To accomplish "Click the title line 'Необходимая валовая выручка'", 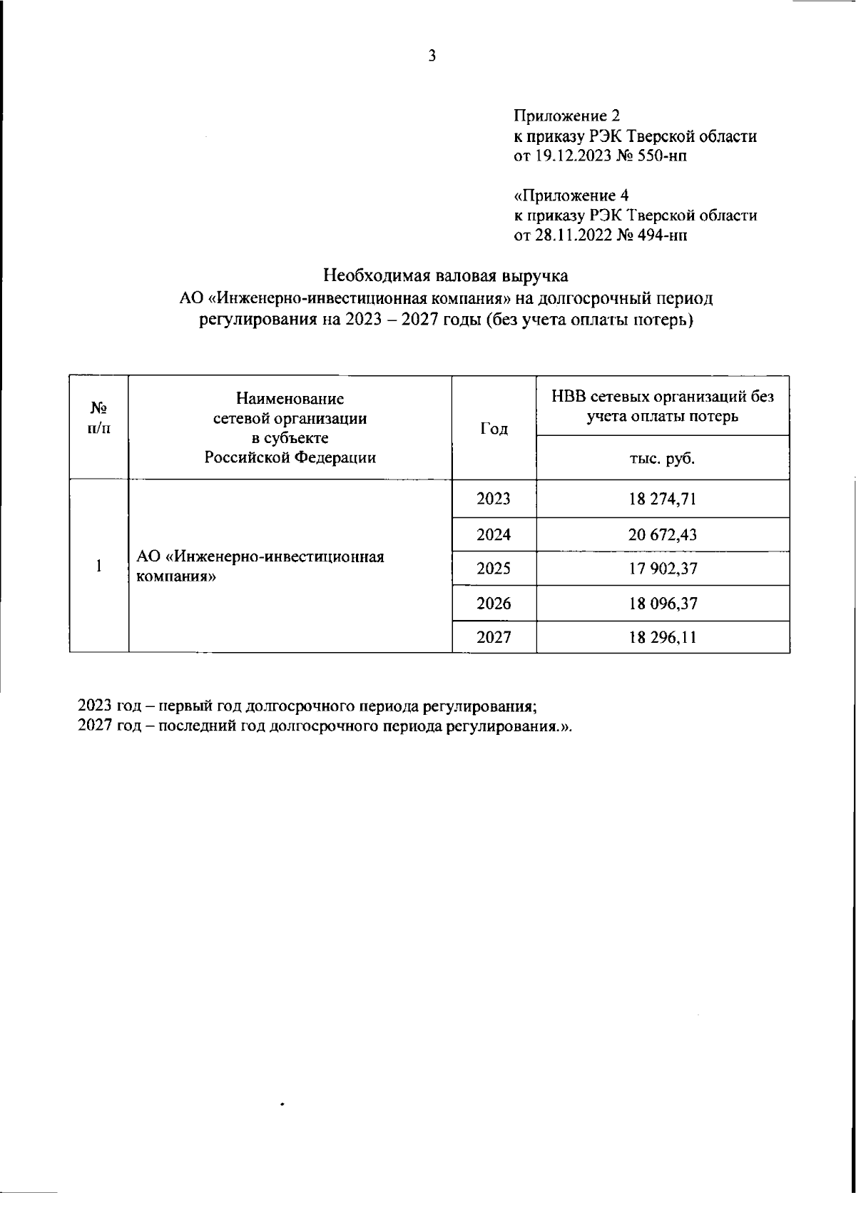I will pos(446,275).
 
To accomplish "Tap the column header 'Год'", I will pos(494,429).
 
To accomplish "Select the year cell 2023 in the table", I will pos(494,499).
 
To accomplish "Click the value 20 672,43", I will pos(662,534).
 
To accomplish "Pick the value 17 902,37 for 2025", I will pos(662,569).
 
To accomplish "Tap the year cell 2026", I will pos(494,604).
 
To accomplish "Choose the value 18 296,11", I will pos(662,637).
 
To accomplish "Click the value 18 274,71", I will pos(662,499).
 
